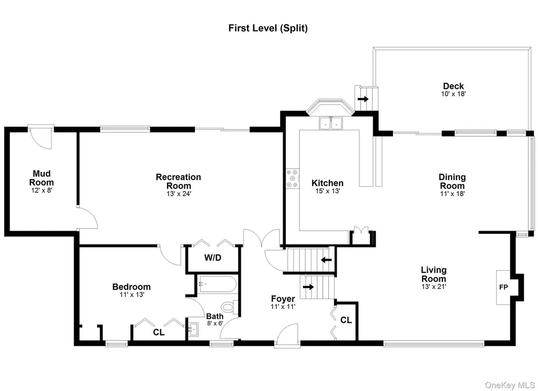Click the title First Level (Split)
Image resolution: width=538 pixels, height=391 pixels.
(x=268, y=28)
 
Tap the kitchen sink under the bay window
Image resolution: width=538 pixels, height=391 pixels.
(x=331, y=124)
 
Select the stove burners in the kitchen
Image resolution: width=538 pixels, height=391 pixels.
(x=293, y=179)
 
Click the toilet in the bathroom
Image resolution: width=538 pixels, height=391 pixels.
(x=230, y=306)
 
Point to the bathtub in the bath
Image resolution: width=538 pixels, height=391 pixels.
(x=217, y=284)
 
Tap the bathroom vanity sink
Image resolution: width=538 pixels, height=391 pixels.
(x=193, y=330)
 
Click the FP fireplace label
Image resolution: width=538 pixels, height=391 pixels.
(x=503, y=287)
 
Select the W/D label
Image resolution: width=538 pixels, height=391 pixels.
(x=213, y=258)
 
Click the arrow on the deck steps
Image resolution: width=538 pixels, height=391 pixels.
(x=363, y=99)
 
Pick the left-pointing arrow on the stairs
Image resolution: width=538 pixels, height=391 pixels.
(x=326, y=260)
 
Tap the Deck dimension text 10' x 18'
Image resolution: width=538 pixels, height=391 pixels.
(x=453, y=94)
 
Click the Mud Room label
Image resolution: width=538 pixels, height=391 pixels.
(x=42, y=178)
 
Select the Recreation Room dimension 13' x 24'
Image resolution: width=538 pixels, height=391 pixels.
(x=179, y=193)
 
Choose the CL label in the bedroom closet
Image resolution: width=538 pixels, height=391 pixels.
(x=159, y=332)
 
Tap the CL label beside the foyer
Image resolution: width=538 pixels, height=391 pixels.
(x=346, y=320)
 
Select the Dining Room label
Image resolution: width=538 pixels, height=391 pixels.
(x=452, y=181)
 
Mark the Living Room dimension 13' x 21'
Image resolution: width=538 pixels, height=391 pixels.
(x=433, y=286)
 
